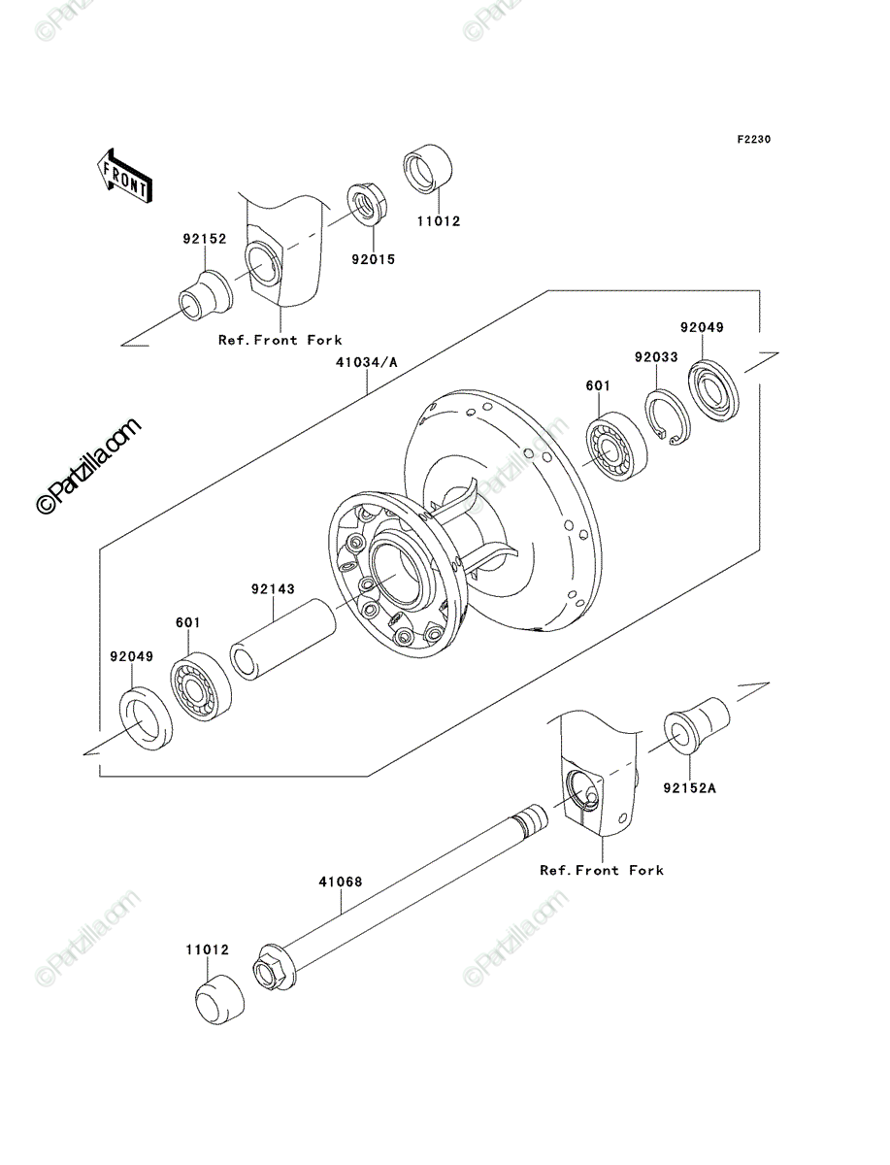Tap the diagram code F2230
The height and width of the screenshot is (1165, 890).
click(x=754, y=139)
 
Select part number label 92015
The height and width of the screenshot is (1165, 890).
click(x=374, y=259)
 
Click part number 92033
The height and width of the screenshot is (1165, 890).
click(x=656, y=357)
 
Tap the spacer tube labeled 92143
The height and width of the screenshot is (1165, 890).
click(x=282, y=639)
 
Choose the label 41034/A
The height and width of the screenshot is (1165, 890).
click(x=367, y=362)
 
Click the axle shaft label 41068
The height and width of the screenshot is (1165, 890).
click(x=341, y=882)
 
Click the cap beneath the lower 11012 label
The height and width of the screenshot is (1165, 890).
click(x=220, y=999)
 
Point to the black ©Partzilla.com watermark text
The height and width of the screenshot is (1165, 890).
click(x=88, y=465)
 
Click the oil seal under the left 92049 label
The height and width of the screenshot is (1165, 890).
click(x=146, y=718)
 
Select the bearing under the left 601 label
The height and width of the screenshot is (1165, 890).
click(x=201, y=686)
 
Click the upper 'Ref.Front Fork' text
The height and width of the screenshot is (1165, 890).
click(x=280, y=340)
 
